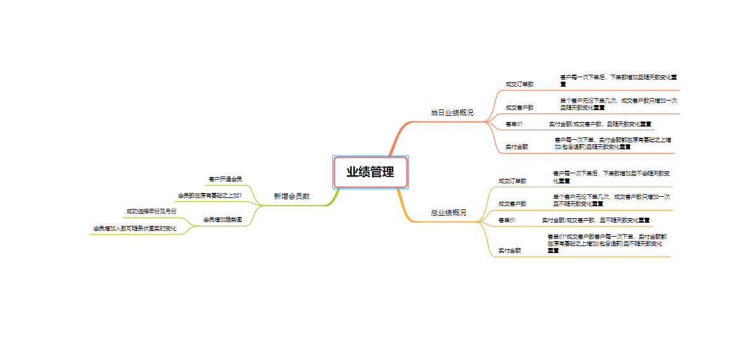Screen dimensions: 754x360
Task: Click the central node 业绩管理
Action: click(370, 172)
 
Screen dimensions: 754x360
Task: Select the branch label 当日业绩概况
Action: click(452, 113)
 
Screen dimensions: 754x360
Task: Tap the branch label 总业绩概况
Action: click(448, 213)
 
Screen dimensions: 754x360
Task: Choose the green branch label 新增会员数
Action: click(291, 196)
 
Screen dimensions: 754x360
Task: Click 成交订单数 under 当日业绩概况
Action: click(519, 84)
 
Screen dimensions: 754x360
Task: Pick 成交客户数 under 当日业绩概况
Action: click(519, 108)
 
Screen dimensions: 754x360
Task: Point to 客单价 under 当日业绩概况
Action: click(513, 123)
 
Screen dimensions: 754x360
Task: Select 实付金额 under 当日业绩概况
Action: click(517, 146)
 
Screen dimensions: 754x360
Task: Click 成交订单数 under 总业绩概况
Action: click(512, 180)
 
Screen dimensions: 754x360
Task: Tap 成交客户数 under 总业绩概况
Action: click(512, 204)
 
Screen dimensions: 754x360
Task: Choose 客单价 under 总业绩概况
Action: click(506, 220)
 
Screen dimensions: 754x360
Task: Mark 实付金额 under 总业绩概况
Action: click(510, 251)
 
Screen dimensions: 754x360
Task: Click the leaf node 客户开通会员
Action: click(225, 179)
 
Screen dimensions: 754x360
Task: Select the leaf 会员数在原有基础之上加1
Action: click(210, 195)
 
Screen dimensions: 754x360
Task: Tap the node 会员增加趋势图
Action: click(222, 220)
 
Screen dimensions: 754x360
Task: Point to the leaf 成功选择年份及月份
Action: click(151, 211)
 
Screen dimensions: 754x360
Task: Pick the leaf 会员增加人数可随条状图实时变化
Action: click(135, 228)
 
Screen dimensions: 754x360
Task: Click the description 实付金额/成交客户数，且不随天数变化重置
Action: click(596, 220)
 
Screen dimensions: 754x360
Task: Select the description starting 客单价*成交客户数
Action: click(606, 243)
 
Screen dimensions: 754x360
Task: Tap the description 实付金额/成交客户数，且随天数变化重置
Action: click(600, 123)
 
